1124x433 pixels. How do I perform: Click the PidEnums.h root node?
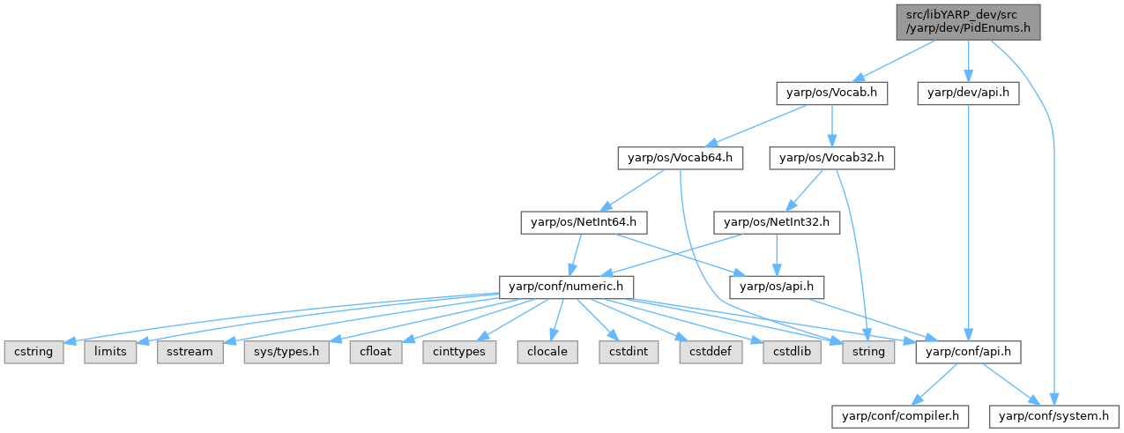coord(966,21)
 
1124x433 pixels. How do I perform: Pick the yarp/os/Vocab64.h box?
coord(680,158)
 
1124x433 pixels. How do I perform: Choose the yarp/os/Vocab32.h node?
coord(832,158)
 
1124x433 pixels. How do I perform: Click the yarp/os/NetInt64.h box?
coord(578,222)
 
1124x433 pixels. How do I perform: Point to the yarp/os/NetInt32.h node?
coord(777,222)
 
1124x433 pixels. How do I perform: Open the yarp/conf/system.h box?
coord(1053,414)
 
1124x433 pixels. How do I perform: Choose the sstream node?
coord(187,352)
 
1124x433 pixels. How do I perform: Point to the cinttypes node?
coord(458,352)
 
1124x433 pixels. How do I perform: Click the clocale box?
coord(546,352)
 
